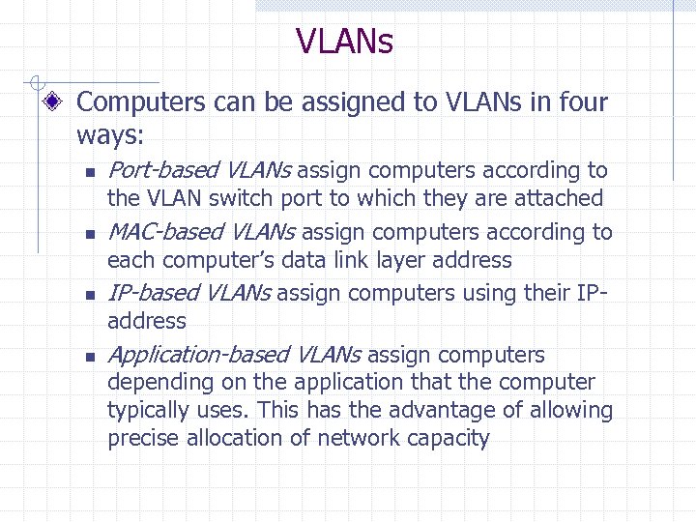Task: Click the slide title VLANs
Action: (344, 42)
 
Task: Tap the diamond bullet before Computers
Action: (60, 101)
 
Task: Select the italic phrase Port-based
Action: (163, 171)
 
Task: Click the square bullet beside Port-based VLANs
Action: (86, 173)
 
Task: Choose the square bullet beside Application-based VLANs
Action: (86, 357)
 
